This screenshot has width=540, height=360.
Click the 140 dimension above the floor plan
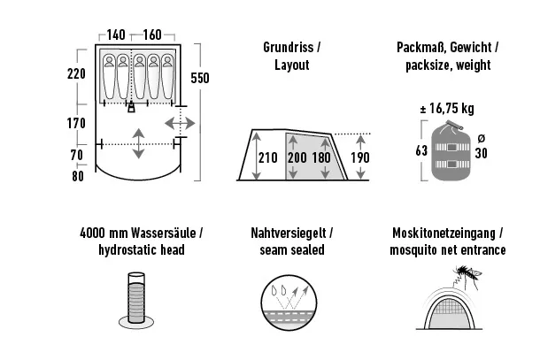115,35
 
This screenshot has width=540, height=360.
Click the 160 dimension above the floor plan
151,35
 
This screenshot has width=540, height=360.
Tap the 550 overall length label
200,78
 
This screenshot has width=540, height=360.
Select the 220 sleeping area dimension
75,74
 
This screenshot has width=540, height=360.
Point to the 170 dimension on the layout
75,123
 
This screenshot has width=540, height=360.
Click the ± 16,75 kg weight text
446,110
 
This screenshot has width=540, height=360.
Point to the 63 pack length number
420,150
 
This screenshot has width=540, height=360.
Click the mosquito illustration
470,276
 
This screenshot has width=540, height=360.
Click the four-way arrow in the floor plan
139,143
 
